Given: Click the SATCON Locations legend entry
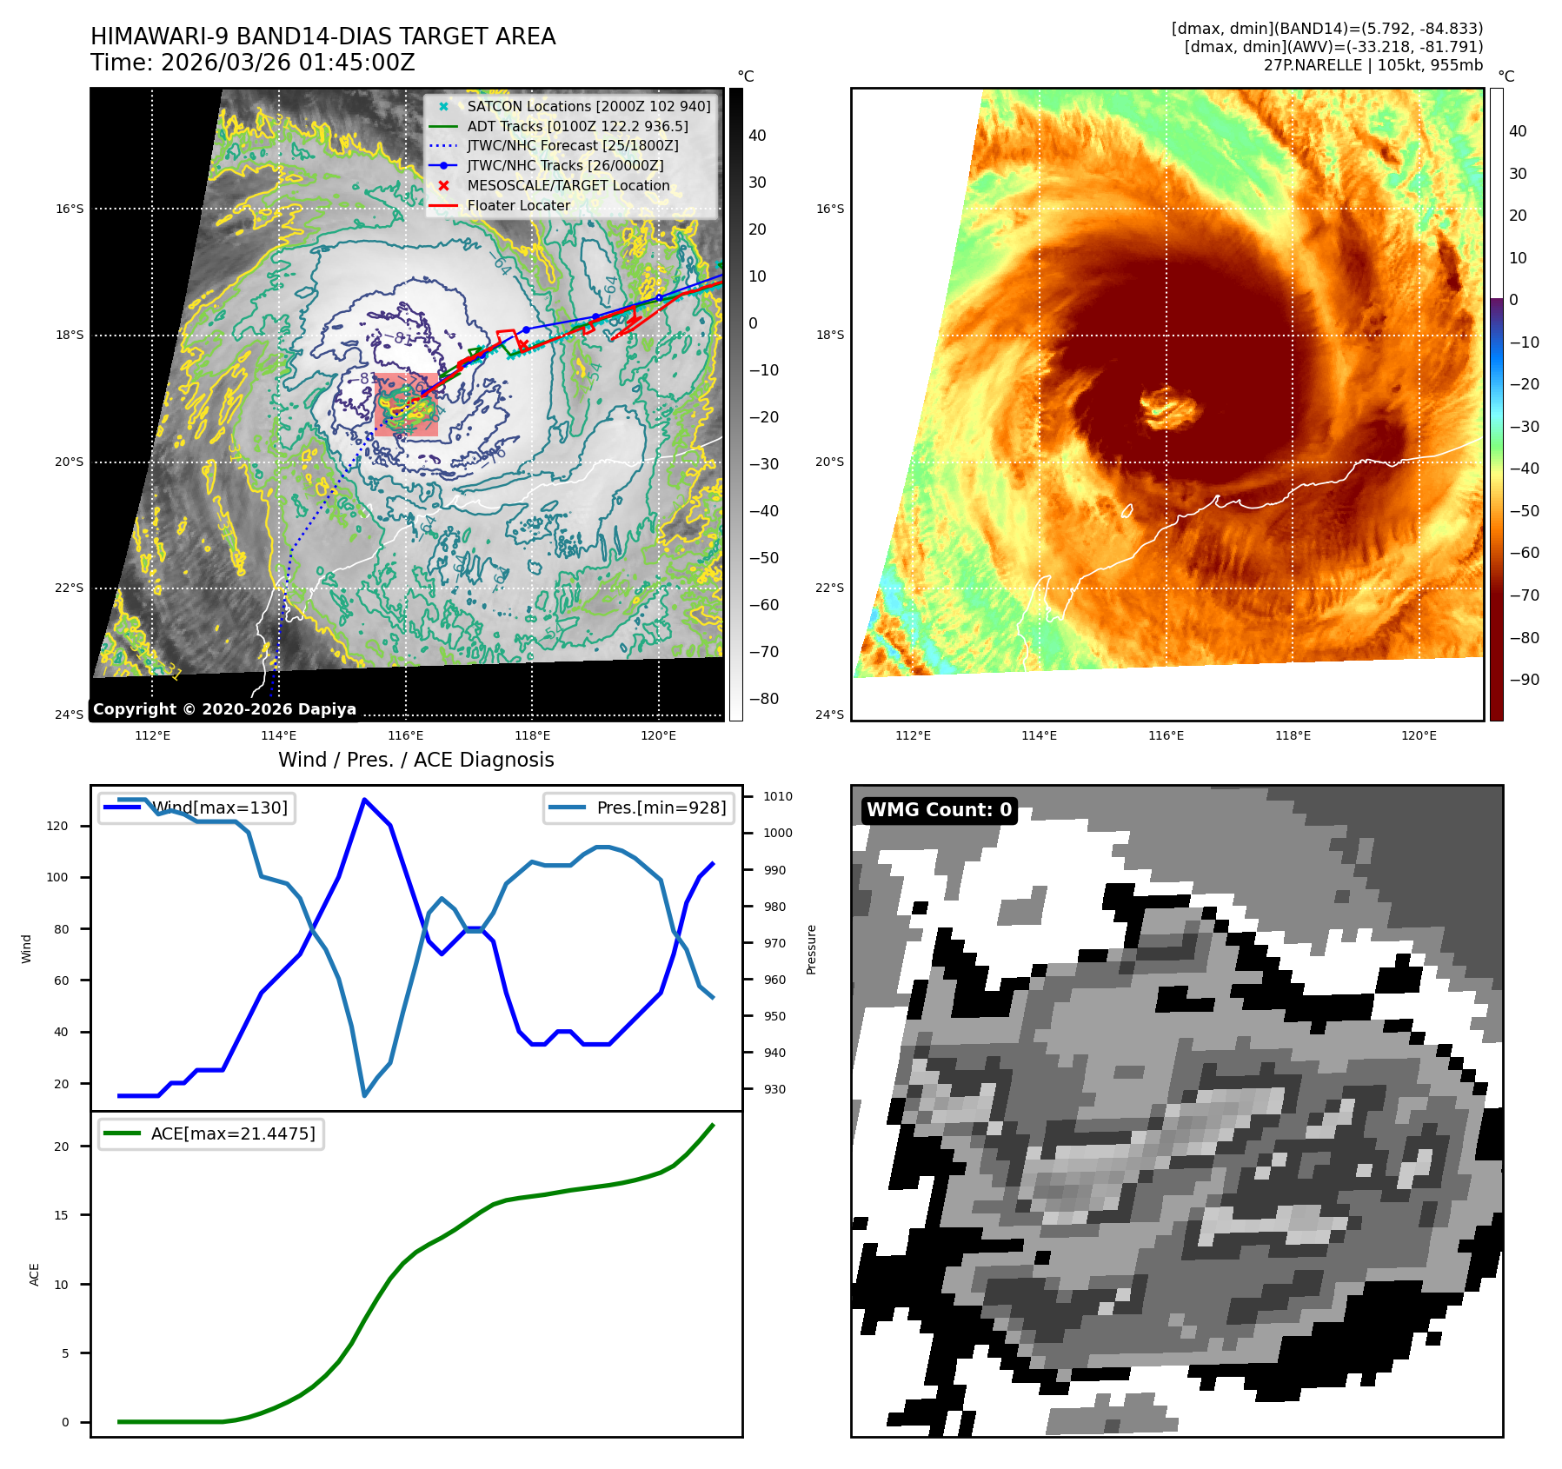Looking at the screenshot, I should [x=588, y=106].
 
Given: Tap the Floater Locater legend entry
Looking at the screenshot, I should [x=518, y=205].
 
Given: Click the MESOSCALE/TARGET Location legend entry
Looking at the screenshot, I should [x=568, y=185].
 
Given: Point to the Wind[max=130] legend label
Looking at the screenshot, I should [x=220, y=808].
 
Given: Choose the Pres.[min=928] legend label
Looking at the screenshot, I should [x=661, y=808].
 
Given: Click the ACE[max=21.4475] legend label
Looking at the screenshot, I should [x=232, y=1133].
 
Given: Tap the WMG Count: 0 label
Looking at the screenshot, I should [x=939, y=810].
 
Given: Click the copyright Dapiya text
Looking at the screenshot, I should [x=224, y=709].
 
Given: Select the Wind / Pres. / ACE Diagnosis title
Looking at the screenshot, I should [x=415, y=760].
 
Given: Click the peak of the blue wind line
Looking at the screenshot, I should [x=364, y=800].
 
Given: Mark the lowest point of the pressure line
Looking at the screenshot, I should [x=364, y=1095].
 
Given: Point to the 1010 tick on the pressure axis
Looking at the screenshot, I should [x=777, y=796].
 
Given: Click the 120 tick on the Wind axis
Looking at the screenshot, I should [x=57, y=826].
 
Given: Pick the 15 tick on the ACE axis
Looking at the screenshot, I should [x=61, y=1215].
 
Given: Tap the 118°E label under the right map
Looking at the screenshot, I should [x=1293, y=735].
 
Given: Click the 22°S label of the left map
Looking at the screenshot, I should [x=70, y=588].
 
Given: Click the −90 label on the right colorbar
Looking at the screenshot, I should [x=1525, y=680].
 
